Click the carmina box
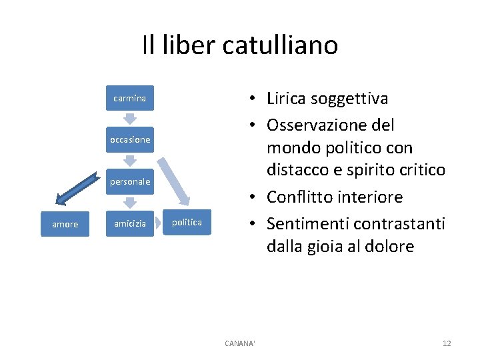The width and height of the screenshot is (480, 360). pos(129,98)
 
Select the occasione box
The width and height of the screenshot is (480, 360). pos(129,140)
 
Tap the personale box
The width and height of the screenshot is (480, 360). pos(129,181)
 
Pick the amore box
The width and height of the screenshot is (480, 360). pos(65,224)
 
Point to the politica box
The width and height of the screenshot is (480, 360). pos(187,222)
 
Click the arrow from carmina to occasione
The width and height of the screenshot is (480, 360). pos(130,118)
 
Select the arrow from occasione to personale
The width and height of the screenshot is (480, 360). pos(130,161)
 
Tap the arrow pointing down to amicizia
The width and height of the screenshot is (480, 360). pos(130,203)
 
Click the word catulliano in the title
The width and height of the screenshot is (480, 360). pos(280,45)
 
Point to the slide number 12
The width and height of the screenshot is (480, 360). pos(447,343)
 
